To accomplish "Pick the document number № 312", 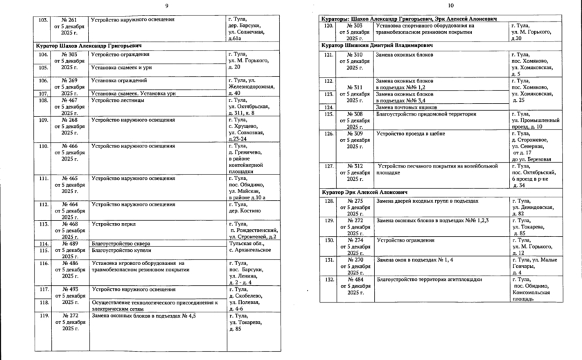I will point(354,165).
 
